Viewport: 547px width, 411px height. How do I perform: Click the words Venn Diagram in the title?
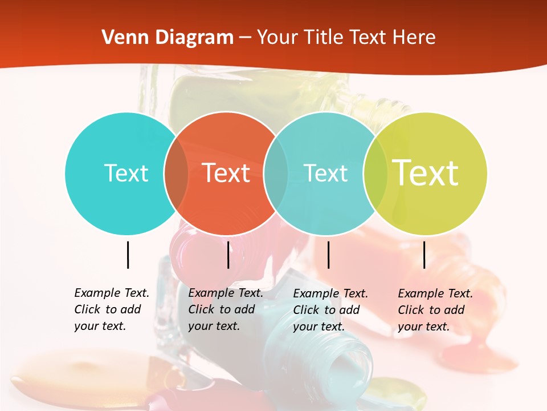point(168,38)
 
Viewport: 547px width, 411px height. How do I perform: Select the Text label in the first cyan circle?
point(126,174)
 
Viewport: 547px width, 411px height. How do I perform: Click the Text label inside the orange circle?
point(226,173)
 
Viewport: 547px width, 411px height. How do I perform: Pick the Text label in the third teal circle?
point(325,174)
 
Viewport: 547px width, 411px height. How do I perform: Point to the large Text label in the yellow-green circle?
point(425,173)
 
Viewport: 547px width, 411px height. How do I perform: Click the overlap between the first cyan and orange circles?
point(176,174)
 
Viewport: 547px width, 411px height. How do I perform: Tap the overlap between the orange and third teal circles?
point(276,174)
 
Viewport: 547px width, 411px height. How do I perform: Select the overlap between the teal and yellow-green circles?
point(375,174)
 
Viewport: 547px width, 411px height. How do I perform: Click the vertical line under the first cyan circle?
point(128,255)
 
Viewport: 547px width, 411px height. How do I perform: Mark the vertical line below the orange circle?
point(228,255)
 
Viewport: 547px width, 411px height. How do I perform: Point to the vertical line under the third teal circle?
point(328,255)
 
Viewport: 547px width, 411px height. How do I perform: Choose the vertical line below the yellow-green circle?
point(424,255)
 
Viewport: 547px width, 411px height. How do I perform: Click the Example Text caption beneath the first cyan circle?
point(111,309)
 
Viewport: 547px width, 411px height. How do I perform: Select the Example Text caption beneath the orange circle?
point(225,309)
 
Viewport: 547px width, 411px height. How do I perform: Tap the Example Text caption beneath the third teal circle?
point(330,310)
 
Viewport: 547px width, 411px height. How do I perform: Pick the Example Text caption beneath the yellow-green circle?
point(435,310)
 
